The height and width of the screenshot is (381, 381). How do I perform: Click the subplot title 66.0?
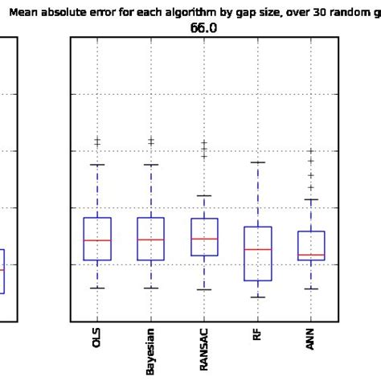coord(204,28)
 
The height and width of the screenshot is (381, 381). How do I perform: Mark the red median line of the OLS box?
coord(97,240)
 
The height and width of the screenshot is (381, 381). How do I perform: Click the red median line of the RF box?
coord(257,249)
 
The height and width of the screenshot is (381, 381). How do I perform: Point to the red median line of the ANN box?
coord(311,255)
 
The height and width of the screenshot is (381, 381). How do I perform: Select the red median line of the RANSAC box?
coord(204,239)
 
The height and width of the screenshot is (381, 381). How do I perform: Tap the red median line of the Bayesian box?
coord(150,240)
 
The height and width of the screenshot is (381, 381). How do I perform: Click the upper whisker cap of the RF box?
coord(257,162)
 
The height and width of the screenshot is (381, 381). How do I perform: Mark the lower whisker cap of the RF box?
coord(257,297)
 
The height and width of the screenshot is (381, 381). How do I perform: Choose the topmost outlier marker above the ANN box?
coord(311,150)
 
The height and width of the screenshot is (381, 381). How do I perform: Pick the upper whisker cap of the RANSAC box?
coord(204,195)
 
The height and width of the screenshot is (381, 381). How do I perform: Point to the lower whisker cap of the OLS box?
coord(97,288)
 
